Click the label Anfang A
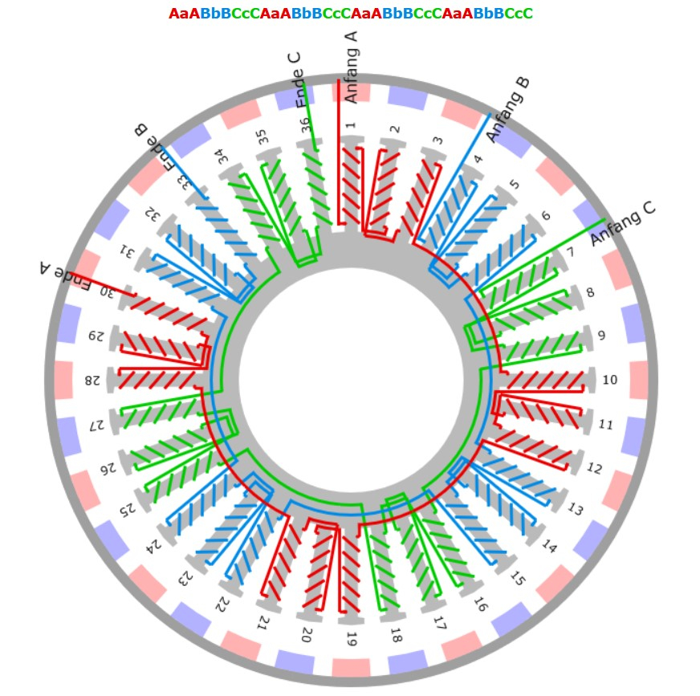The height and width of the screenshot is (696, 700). pos(352,67)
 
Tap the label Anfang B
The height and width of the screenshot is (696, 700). pos(508,110)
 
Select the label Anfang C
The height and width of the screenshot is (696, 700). pos(623,224)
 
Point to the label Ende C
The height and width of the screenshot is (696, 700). pos(299,80)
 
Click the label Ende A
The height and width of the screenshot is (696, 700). pos(65,275)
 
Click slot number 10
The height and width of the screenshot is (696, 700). pos(610,380)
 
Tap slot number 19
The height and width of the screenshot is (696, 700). pos(352,639)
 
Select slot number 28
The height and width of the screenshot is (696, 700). pos(92,381)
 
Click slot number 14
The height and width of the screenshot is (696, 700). pos(549,546)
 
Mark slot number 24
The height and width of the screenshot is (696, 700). pos(155,545)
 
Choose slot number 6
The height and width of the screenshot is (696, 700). pos(546,216)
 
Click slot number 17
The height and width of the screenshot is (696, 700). pos(440,623)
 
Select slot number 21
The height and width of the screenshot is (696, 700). pos(263,622)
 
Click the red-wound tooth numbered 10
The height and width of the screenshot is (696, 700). pos(547,380)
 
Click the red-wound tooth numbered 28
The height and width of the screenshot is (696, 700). pos(157,381)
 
